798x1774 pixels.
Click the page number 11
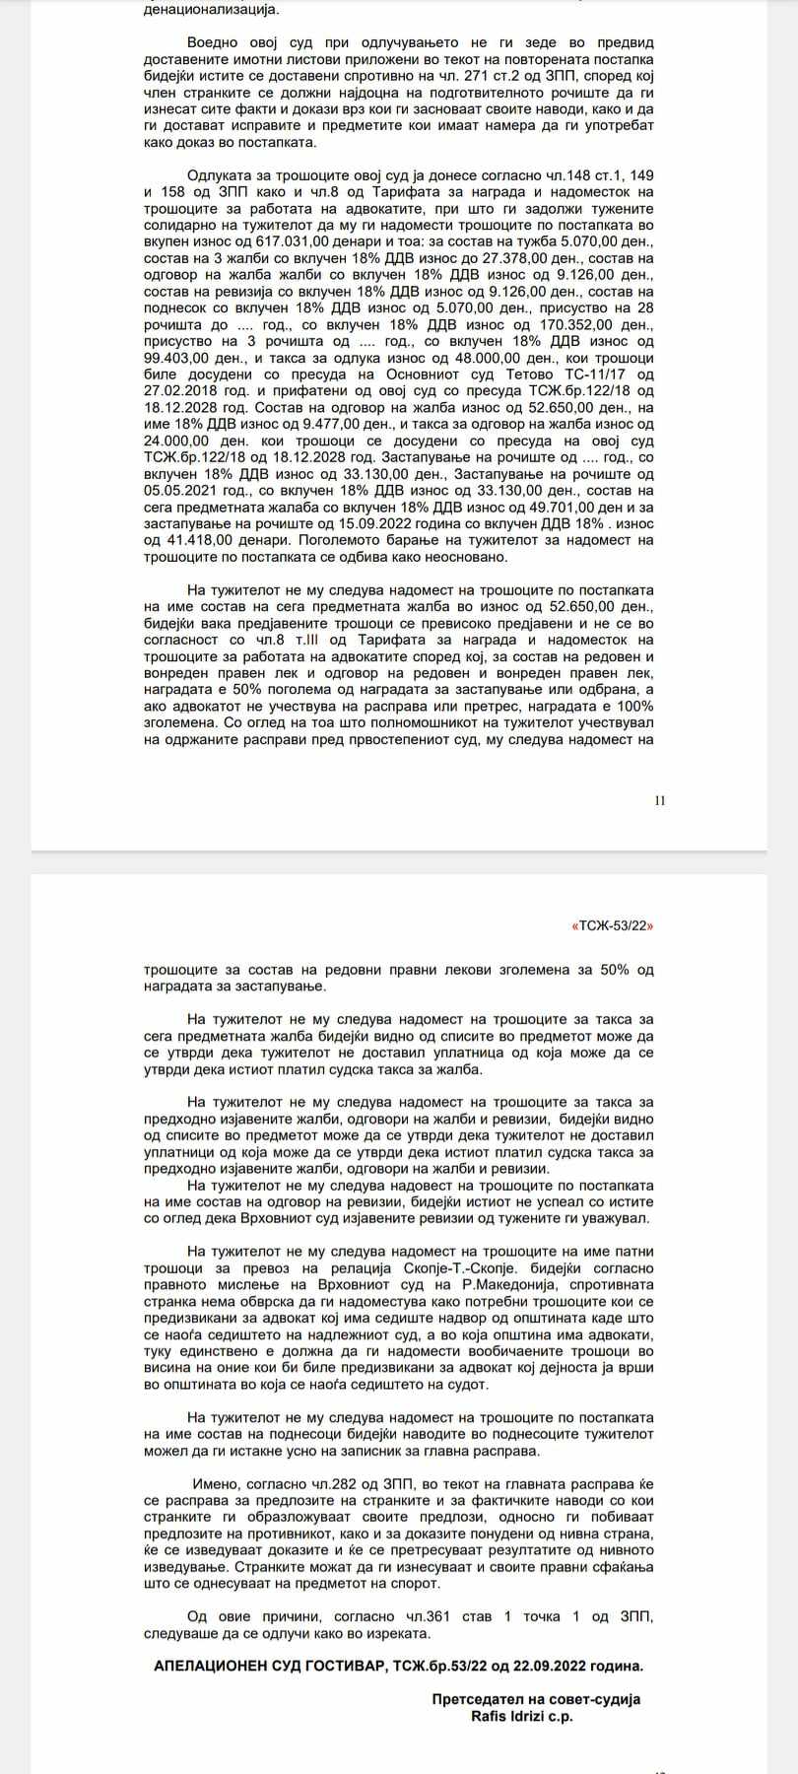(x=660, y=799)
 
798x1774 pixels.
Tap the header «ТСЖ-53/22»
(x=612, y=925)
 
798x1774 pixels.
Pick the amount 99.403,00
(x=180, y=357)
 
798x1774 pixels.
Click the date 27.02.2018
(x=180, y=390)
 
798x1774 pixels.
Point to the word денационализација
(x=210, y=10)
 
